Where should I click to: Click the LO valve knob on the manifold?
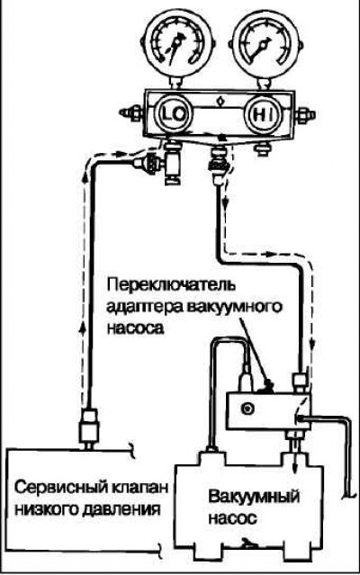(174, 114)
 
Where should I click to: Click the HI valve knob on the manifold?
(264, 115)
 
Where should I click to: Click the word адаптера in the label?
(143, 308)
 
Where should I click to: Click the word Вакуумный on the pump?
(254, 498)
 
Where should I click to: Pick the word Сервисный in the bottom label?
(59, 488)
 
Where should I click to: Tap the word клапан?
(139, 489)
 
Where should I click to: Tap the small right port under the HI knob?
(262, 148)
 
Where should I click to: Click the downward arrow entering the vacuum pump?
(294, 457)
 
